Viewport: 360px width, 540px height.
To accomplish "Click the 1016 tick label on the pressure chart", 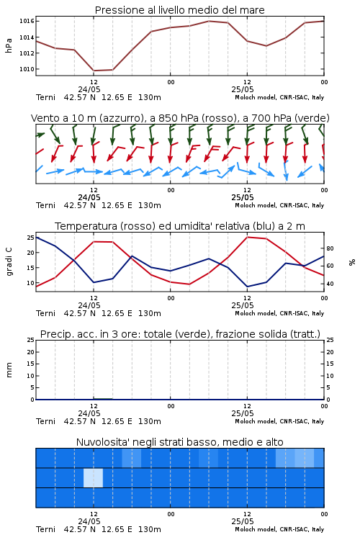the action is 27,22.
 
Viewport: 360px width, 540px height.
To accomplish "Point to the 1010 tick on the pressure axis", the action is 27,69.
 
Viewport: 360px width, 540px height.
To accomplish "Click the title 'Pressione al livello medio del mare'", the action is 180,10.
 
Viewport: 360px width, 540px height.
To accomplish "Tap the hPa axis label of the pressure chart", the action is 9,45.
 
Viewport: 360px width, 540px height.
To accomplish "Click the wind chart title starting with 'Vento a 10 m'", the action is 180,118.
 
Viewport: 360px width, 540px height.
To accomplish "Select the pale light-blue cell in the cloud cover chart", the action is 93,477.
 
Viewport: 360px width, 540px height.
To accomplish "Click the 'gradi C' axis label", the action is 9,261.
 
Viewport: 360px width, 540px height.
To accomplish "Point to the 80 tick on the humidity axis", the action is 330,248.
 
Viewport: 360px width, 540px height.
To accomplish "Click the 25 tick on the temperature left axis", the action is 31,238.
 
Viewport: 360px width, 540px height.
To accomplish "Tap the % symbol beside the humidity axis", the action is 352,262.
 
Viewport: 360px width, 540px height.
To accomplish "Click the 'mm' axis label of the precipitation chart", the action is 9,370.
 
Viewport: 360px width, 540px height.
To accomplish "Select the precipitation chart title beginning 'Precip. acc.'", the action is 180,334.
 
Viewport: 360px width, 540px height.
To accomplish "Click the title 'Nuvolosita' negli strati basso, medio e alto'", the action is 180,442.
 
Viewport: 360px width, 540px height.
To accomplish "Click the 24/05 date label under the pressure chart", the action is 89,89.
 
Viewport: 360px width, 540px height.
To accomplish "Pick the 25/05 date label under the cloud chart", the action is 243,521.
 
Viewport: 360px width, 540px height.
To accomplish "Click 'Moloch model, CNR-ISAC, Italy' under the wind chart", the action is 279,206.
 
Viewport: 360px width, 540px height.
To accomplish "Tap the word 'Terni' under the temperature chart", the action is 45,313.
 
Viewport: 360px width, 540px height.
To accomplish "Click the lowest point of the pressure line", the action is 94,71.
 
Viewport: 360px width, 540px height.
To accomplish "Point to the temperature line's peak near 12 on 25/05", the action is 247,238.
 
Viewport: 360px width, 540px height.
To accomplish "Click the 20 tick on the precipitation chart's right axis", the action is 330,352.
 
